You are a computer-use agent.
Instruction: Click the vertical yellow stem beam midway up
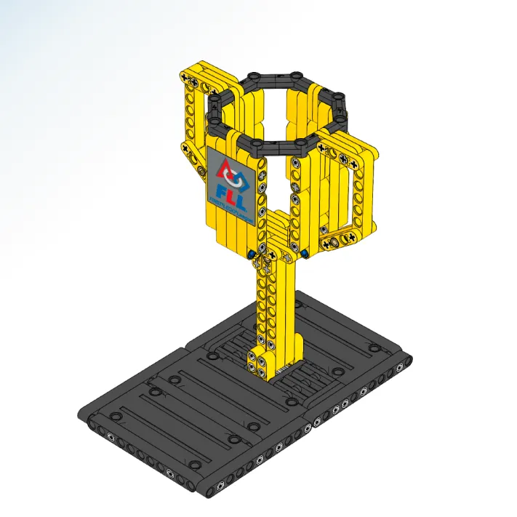pos(273,305)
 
